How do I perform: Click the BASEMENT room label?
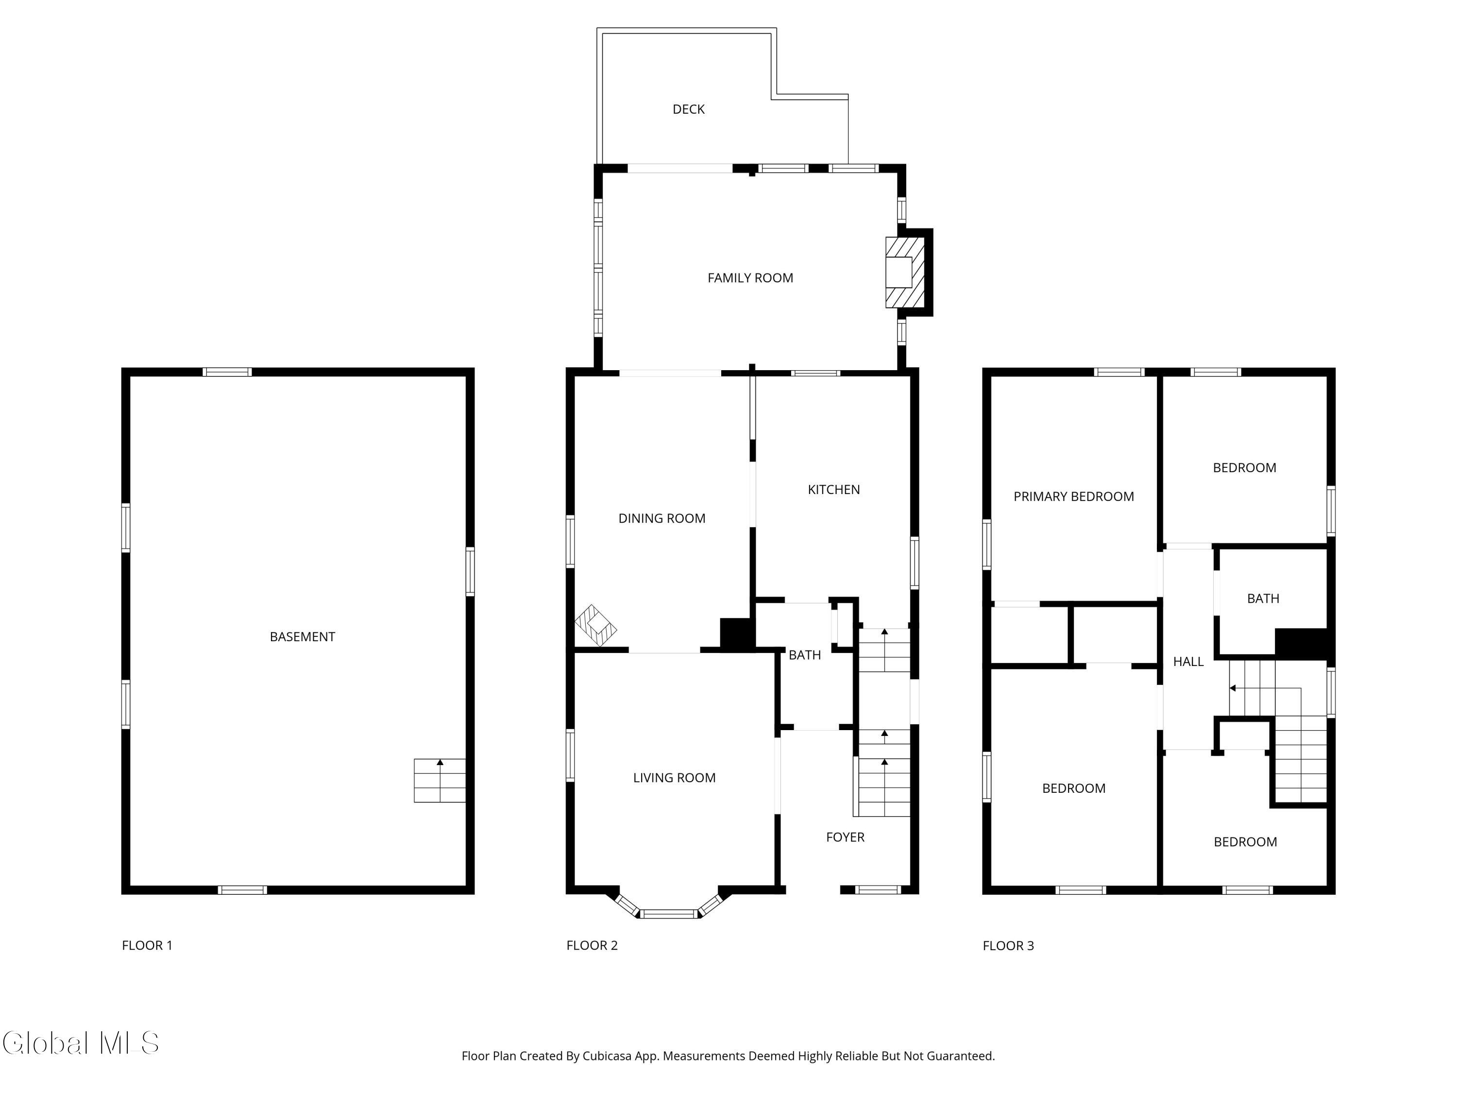303,637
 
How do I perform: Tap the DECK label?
688,109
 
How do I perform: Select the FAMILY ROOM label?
750,278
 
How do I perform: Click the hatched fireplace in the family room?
905,272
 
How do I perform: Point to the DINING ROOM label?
661,518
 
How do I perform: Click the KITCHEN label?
834,490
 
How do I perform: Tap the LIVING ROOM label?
674,778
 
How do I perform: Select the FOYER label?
845,837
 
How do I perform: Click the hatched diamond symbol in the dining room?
595,625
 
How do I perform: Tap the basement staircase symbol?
440,781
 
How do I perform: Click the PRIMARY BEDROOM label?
1074,497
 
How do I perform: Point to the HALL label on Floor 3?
1188,662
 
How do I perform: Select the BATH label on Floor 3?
1263,599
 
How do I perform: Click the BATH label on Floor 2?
804,655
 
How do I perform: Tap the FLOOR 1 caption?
147,945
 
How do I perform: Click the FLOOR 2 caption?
592,945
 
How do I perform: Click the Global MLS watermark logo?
80,1043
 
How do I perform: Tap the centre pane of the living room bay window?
669,914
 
